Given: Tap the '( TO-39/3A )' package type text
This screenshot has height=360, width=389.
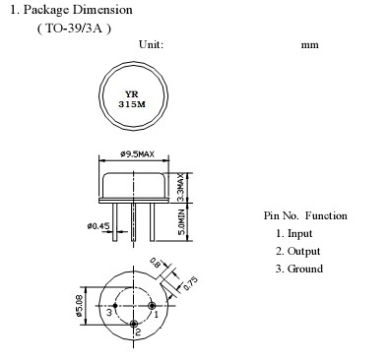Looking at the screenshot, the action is coord(74,29).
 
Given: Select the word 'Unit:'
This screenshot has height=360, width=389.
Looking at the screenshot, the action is coord(151,44).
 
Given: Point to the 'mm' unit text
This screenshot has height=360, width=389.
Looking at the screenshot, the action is coord(310,45).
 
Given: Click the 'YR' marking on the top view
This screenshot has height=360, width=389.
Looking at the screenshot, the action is coord(132,94).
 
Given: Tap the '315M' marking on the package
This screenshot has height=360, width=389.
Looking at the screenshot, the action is coord(132,104).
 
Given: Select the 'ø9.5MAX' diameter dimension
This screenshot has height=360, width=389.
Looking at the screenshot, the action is coord(137,153).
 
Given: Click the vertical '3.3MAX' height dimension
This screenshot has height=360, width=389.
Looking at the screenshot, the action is coord(181,188).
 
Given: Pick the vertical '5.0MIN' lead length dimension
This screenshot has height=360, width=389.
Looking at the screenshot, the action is coord(181,222).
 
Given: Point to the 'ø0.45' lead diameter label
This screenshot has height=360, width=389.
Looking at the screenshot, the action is coord(98,225).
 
